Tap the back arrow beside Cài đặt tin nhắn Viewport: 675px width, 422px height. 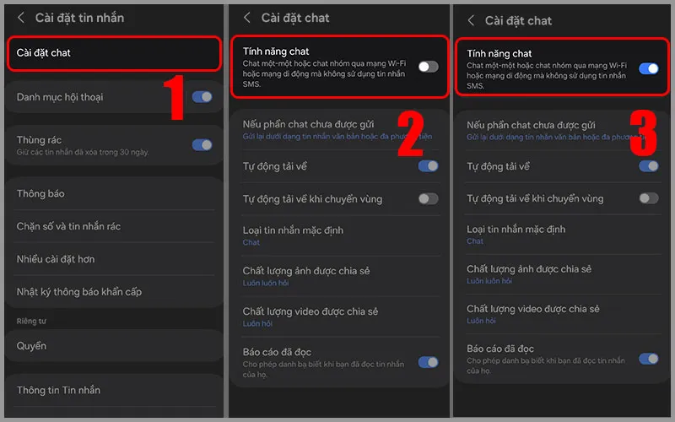[x=19, y=17]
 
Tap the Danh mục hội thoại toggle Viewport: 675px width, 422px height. [x=202, y=97]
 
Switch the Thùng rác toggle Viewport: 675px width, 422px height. [x=202, y=145]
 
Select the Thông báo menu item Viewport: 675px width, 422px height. [x=40, y=194]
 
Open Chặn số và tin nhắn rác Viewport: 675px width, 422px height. [x=68, y=226]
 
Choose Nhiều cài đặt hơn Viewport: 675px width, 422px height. [x=56, y=259]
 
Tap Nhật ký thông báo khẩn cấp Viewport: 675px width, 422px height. [x=79, y=292]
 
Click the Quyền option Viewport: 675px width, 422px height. [x=31, y=346]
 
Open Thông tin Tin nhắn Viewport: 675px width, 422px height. [x=58, y=390]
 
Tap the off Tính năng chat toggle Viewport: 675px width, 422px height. [x=428, y=66]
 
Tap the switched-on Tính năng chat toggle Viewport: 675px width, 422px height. [x=648, y=68]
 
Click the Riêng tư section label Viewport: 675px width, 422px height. [x=31, y=321]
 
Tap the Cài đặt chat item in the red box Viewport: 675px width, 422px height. [x=44, y=52]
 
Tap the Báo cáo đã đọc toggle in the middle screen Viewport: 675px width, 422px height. [x=428, y=362]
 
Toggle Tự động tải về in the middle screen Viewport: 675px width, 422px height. [x=428, y=166]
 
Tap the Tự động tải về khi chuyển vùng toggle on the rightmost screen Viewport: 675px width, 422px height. [x=648, y=198]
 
